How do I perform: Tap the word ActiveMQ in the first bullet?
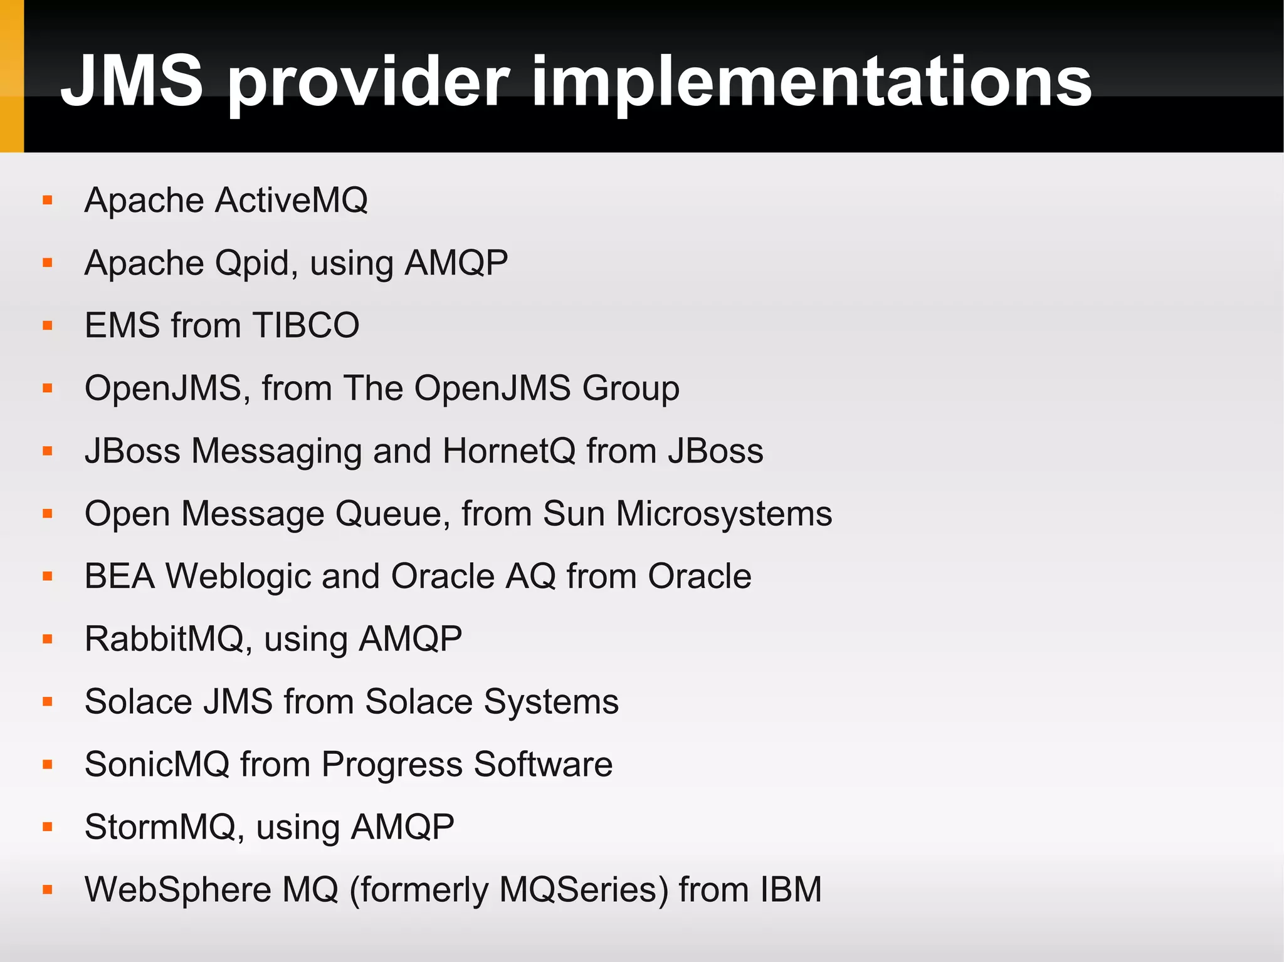291,201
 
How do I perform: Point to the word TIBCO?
306,325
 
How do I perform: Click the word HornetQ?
508,451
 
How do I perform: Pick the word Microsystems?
724,513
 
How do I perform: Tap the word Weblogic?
238,576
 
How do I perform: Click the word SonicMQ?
157,764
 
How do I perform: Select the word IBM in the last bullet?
791,889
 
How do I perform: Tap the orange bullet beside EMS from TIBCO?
48,325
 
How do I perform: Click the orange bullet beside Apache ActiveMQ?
48,201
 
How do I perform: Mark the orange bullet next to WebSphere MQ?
48,889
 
